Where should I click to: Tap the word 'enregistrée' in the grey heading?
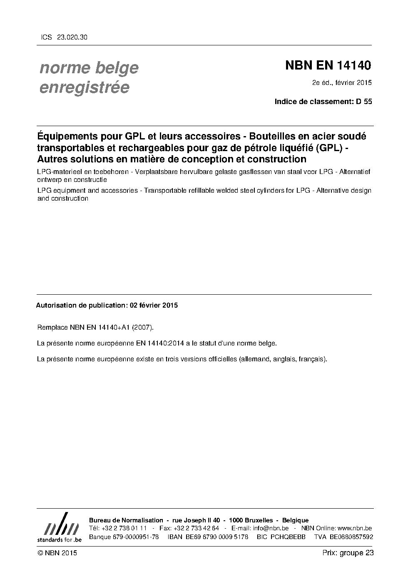84,87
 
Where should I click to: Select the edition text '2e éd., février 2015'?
342,82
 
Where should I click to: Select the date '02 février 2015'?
154,305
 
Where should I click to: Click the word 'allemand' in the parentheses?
255,359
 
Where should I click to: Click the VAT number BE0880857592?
351,537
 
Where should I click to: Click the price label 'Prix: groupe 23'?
348,553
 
